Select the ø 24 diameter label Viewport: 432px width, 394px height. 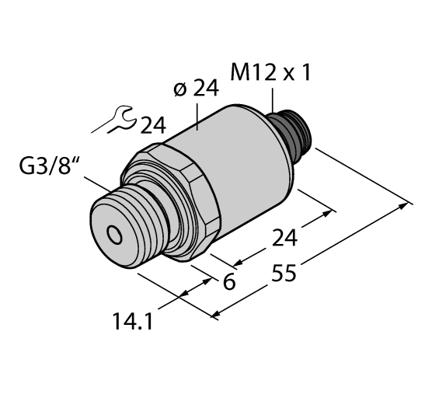(x=195, y=89)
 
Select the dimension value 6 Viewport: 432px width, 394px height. (x=228, y=282)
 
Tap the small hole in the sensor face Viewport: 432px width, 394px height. (x=114, y=233)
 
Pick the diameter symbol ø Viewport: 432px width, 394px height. (x=178, y=90)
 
